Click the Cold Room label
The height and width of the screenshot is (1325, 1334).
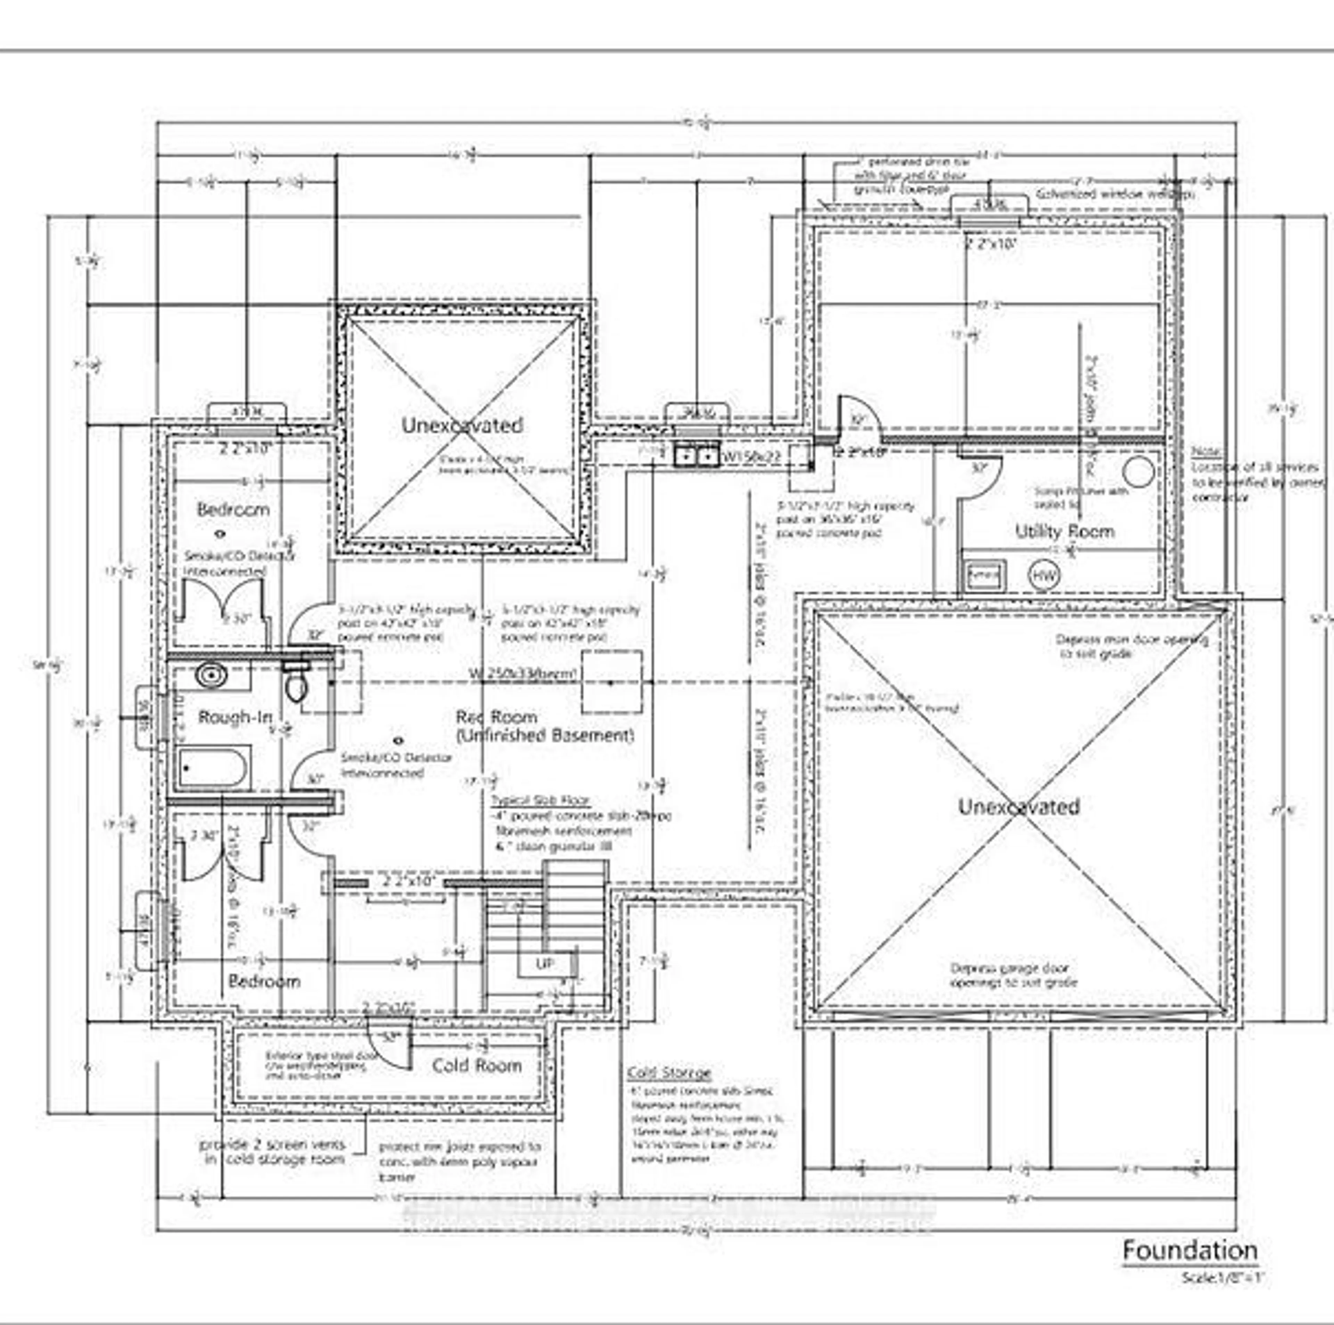(x=476, y=1066)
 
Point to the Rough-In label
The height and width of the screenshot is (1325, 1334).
(x=235, y=718)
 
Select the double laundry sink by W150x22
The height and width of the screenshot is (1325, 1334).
(x=696, y=456)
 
